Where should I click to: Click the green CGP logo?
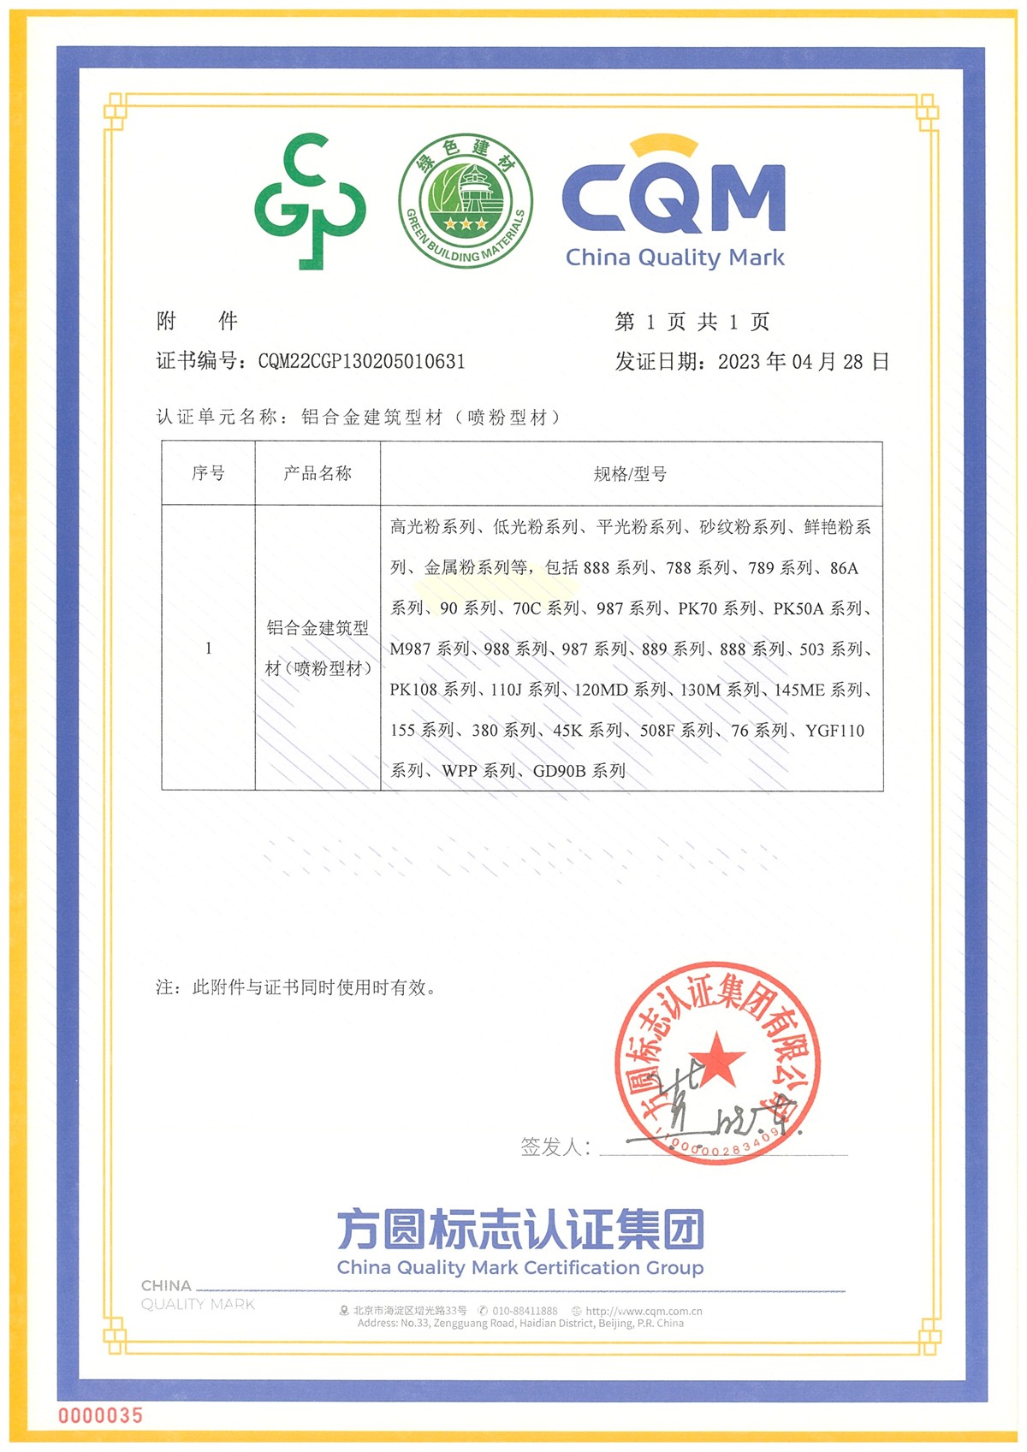tap(310, 201)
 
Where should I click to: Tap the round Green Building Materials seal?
tap(465, 200)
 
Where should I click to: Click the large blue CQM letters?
tap(674, 196)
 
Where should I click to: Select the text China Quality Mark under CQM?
tap(674, 258)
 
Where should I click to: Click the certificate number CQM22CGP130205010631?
tap(361, 361)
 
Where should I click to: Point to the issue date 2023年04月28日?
tap(803, 361)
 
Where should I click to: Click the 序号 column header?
tap(208, 473)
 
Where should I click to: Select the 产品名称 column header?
tap(318, 473)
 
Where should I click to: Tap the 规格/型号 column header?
tap(631, 474)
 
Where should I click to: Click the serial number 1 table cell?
tap(208, 648)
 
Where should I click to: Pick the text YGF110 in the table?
tap(834, 731)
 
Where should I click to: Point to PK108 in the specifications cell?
tap(413, 690)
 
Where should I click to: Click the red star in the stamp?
tap(717, 1058)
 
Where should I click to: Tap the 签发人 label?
tap(555, 1147)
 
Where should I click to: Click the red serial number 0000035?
tap(100, 1415)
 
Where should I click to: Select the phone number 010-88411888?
tap(524, 1311)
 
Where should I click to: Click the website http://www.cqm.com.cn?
tap(644, 1311)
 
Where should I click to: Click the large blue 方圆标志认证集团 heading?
tap(519, 1230)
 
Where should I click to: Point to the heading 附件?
tap(197, 321)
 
